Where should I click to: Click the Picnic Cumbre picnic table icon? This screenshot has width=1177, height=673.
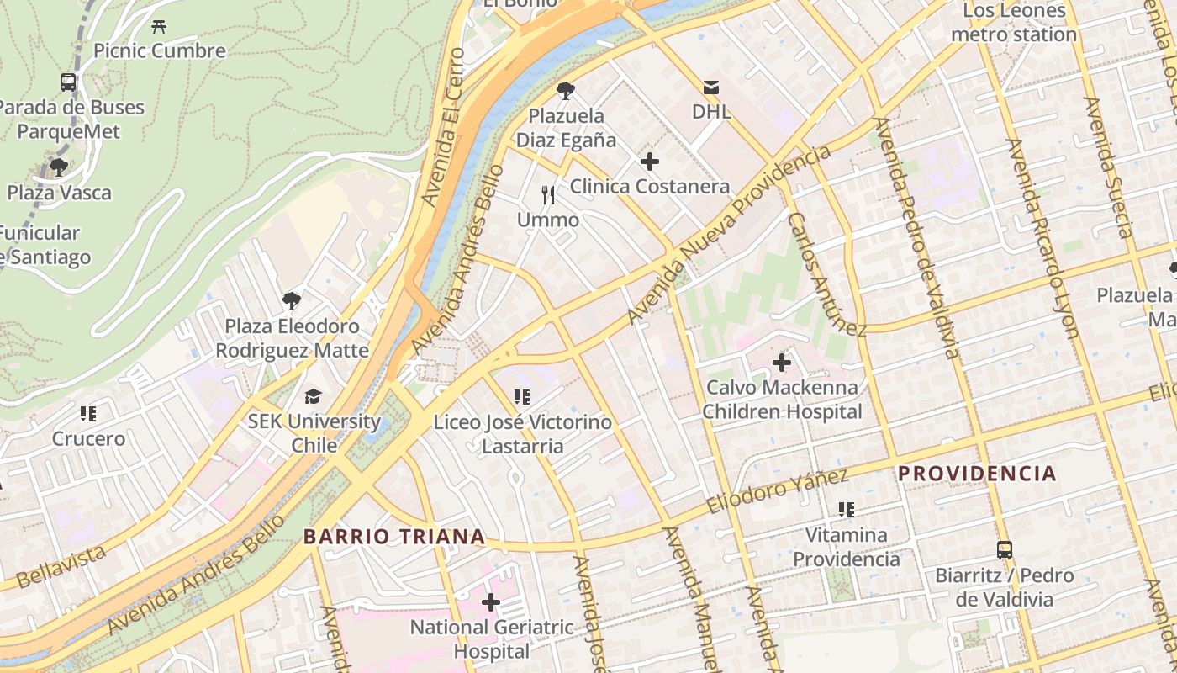159,26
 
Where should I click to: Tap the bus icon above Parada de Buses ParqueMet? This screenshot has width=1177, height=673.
68,82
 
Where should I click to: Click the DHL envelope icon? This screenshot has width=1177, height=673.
711,87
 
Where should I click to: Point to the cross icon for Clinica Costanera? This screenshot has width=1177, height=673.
649,162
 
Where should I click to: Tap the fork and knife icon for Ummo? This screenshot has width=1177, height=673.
548,195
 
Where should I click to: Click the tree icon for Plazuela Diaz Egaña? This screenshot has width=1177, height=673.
566,91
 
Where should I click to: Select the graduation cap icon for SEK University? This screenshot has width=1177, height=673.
313,396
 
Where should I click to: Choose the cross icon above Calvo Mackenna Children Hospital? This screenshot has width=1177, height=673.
782,363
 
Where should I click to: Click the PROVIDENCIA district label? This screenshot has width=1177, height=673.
977,473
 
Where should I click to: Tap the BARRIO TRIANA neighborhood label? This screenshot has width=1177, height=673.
394,536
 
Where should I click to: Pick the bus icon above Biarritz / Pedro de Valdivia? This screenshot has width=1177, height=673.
1004,550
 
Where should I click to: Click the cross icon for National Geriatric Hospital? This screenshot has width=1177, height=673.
491,602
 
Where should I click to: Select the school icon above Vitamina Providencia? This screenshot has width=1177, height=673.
846,510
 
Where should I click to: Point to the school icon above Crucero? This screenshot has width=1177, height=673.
88,414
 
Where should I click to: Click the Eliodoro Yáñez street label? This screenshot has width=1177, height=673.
777,491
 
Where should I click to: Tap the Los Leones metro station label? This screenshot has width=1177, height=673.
1014,23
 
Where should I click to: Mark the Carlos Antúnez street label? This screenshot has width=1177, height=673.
826,273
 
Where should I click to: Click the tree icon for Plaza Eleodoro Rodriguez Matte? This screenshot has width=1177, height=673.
292,300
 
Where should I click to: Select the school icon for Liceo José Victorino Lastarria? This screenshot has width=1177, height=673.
522,396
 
